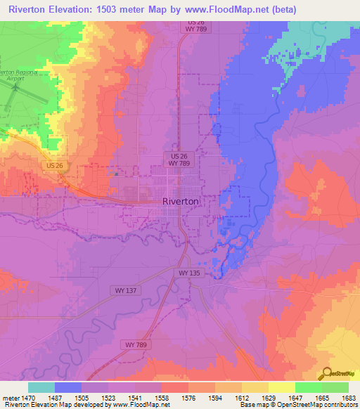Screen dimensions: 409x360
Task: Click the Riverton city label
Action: (x=181, y=200)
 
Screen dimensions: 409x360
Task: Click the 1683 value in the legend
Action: (x=347, y=397)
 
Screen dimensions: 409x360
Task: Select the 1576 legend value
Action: (x=188, y=397)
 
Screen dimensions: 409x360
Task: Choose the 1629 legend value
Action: (x=268, y=397)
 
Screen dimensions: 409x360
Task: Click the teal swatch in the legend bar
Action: (x=41, y=387)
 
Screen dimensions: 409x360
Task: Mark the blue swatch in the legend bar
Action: (x=68, y=387)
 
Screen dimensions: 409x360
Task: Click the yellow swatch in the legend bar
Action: (x=281, y=387)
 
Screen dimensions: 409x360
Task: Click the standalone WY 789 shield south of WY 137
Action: (x=139, y=344)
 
